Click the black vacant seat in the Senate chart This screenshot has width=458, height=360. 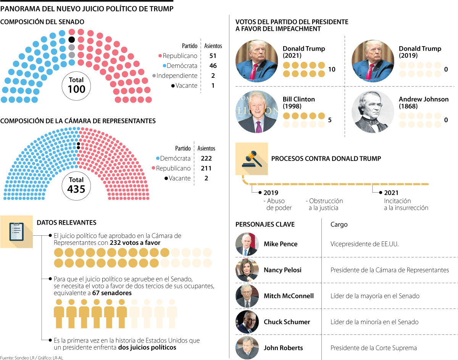pyautogui.click(x=71, y=40)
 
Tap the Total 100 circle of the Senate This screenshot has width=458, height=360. pyautogui.click(x=76, y=85)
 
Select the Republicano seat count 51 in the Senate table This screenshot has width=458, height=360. pyautogui.click(x=213, y=56)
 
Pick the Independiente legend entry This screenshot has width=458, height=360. pyautogui.click(x=177, y=76)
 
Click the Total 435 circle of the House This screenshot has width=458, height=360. pyautogui.click(x=76, y=185)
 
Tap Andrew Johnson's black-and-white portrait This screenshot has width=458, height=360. pyautogui.click(x=373, y=112)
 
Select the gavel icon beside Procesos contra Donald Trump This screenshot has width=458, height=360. pyautogui.click(x=252, y=159)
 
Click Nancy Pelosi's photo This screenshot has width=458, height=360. pyautogui.click(x=247, y=270)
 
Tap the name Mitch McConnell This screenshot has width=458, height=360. pyautogui.click(x=289, y=296)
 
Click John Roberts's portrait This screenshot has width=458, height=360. pyautogui.click(x=247, y=347)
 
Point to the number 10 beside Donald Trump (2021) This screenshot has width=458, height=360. pyautogui.click(x=332, y=69)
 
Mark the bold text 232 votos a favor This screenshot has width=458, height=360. pyautogui.click(x=135, y=243)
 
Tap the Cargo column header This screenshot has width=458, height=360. pyautogui.click(x=339, y=224)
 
